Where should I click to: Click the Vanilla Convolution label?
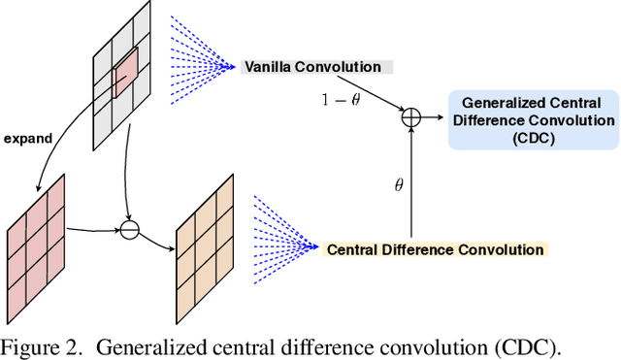pos(313,67)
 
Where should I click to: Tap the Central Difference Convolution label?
pos(435,249)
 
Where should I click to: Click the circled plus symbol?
pos(412,116)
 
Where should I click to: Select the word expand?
pos(29,139)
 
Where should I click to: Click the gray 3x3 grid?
pos(121,75)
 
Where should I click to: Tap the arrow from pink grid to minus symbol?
pos(94,230)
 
